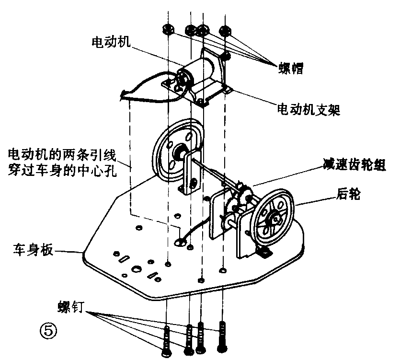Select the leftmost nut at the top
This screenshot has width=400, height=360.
169,29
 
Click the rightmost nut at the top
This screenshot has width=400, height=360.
224,30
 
